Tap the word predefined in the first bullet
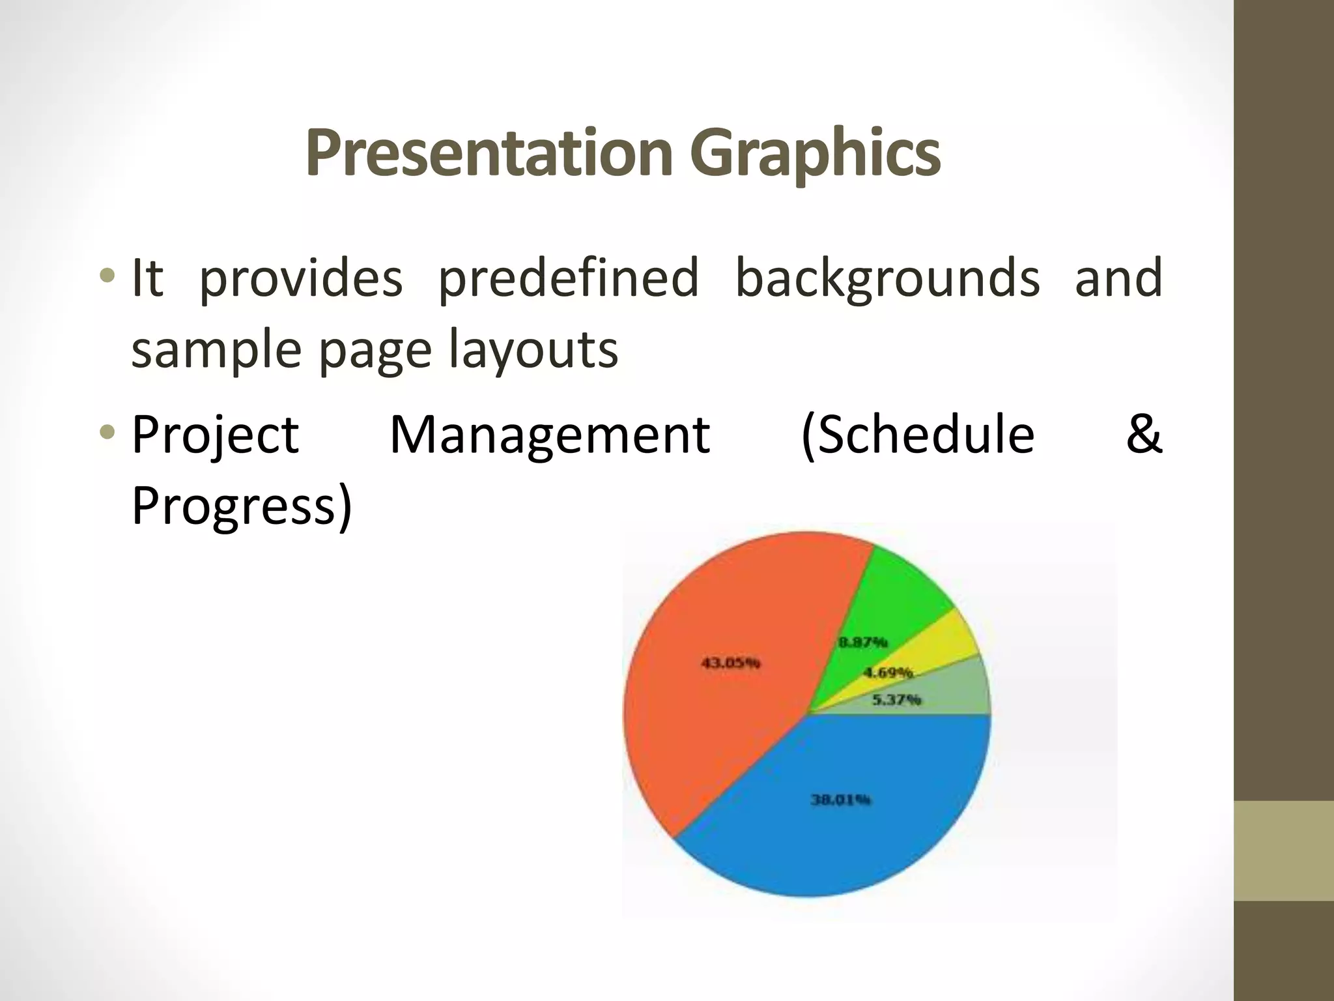pyautogui.click(x=568, y=279)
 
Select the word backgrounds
pyautogui.click(x=887, y=279)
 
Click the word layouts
pyautogui.click(x=534, y=351)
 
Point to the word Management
pyautogui.click(x=549, y=435)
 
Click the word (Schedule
pyautogui.click(x=917, y=435)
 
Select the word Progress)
pyautogui.click(x=241, y=507)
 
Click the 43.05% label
pyautogui.click(x=730, y=663)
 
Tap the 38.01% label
pyautogui.click(x=840, y=800)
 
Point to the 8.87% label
pyautogui.click(x=862, y=643)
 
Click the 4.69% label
pyautogui.click(x=887, y=673)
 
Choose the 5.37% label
pyautogui.click(x=896, y=700)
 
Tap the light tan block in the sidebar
pyautogui.click(x=1283, y=850)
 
